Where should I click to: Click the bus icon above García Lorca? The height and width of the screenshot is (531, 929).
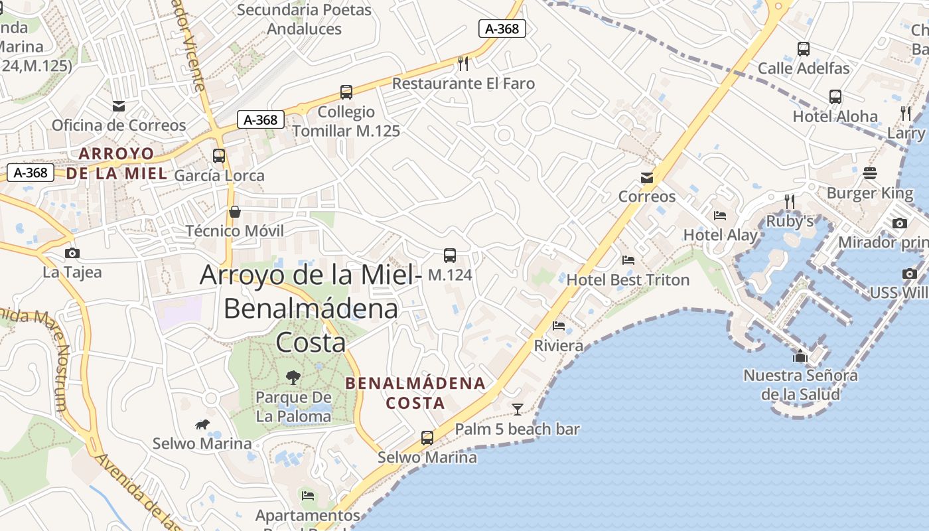[x=219, y=156]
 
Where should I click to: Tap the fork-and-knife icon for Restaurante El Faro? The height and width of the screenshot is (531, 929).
[x=463, y=64]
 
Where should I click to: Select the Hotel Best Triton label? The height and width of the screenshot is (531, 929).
[x=628, y=280]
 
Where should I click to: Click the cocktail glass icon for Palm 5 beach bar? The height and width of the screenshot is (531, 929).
[x=518, y=409]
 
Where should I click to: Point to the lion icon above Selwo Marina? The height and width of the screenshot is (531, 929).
[x=202, y=425]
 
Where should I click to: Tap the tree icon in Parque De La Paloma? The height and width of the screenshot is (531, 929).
[x=293, y=378]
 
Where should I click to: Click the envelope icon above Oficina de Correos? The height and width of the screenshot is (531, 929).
[x=119, y=106]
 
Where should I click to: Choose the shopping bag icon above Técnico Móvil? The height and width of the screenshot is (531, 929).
[x=234, y=212]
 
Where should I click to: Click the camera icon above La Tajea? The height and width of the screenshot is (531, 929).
[x=72, y=253]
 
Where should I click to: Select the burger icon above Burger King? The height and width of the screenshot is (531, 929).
[x=870, y=174]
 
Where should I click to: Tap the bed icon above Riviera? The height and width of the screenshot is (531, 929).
[x=559, y=326]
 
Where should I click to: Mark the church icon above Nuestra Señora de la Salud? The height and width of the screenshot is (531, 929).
[x=800, y=356]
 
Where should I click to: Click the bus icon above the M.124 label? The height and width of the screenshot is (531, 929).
[x=450, y=255]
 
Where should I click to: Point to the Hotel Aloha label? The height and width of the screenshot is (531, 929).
[x=835, y=116]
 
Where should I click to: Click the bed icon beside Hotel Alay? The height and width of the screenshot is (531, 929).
[x=720, y=215]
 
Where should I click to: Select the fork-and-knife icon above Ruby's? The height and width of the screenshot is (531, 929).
[x=789, y=201]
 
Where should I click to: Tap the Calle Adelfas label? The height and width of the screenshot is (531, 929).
[x=803, y=68]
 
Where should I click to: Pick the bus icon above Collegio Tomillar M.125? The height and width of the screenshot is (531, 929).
[x=346, y=92]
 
